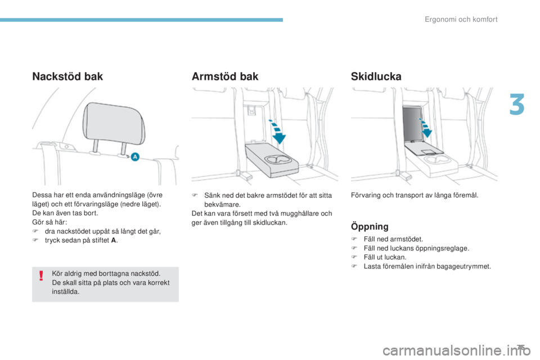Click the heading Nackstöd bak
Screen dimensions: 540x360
pos(67,76)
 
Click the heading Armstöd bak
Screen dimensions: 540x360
pos(225,76)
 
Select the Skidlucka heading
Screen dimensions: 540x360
pos(376,76)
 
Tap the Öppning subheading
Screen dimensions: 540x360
pos(370,226)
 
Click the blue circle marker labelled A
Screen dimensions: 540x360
pos(135,157)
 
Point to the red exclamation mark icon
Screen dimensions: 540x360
pos(41,276)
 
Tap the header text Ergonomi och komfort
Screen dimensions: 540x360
pos(461,20)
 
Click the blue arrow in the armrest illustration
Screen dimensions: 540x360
pos(277,132)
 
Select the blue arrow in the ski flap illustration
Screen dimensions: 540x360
pos(426,128)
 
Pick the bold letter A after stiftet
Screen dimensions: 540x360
pos(114,240)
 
